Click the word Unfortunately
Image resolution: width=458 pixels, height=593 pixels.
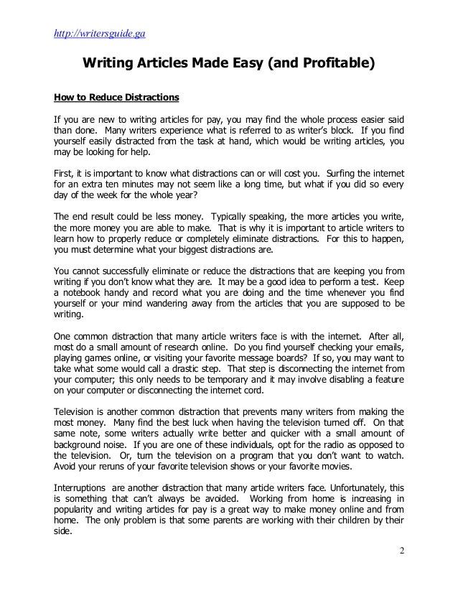tap(347, 486)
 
